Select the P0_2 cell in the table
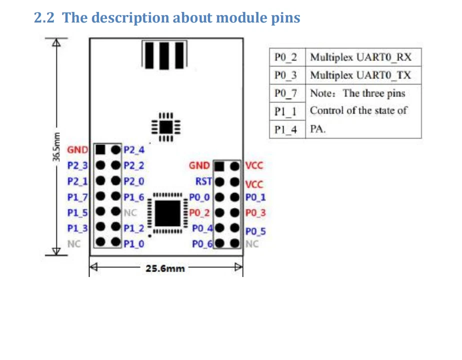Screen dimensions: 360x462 (x=285, y=57)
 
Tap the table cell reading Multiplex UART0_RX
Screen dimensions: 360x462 (x=360, y=57)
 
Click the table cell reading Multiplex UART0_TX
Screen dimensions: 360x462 (x=360, y=75)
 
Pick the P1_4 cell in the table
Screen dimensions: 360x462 (x=285, y=129)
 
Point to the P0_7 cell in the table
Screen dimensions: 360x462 (x=285, y=93)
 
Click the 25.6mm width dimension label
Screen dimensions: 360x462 (x=165, y=268)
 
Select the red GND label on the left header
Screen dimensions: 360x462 (x=77, y=149)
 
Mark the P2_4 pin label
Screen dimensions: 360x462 (x=133, y=149)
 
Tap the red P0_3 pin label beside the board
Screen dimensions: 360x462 (x=256, y=213)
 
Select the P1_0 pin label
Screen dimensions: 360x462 (x=133, y=244)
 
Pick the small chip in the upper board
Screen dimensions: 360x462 (x=165, y=126)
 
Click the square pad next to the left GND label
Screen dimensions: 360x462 (x=100, y=149)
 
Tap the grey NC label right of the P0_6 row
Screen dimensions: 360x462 (x=252, y=244)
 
